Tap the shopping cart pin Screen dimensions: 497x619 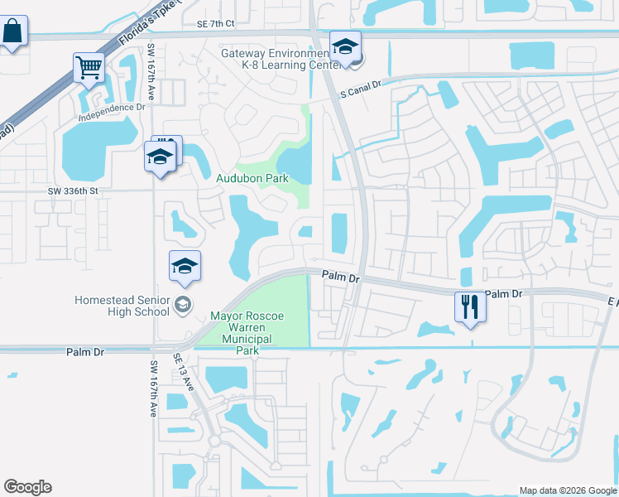89,67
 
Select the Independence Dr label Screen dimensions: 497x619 111,108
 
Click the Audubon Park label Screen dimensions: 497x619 252,178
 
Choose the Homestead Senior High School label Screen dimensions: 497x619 122,306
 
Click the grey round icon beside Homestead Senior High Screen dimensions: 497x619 183,306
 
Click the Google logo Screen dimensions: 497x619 27,487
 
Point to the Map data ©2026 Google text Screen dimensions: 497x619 567,490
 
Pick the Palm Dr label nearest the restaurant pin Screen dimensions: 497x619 504,294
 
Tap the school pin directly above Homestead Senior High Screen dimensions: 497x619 185,266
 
